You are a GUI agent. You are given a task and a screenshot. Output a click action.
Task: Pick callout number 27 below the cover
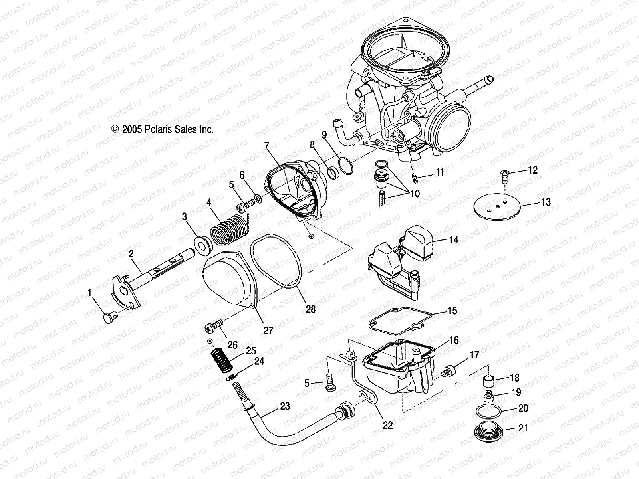268,330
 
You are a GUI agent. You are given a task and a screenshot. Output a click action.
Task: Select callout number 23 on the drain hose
285,406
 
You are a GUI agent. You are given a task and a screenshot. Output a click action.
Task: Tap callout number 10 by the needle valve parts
415,194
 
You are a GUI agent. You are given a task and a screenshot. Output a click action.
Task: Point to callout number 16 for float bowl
454,341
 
